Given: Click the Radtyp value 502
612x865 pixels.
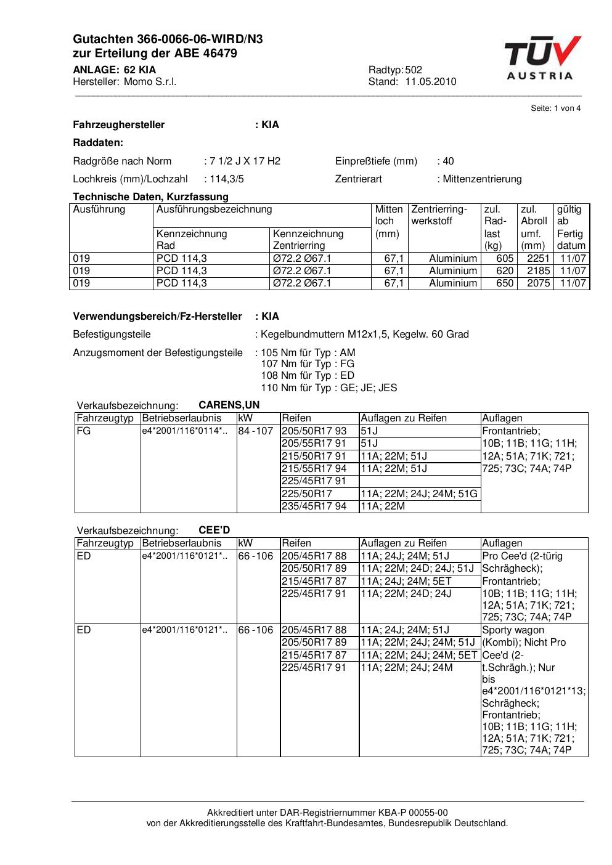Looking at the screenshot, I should coord(414,70).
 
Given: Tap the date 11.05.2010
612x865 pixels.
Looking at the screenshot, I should coord(431,82).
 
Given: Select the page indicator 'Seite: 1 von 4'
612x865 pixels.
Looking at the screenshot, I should coord(555,108).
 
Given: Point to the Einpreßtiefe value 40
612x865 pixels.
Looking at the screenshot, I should coord(448,161).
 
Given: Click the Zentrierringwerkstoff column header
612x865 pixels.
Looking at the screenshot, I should coord(439,215).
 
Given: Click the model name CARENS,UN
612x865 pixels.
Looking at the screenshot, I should coord(229,405).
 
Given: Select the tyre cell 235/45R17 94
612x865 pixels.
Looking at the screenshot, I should coord(314,506).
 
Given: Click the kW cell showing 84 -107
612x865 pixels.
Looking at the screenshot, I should coord(256,431).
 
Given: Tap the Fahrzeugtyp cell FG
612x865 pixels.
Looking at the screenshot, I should coord(84,431).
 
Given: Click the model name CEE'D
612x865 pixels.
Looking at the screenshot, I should coord(214,530).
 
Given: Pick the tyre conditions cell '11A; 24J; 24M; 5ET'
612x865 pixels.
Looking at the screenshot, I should coord(406,581).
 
